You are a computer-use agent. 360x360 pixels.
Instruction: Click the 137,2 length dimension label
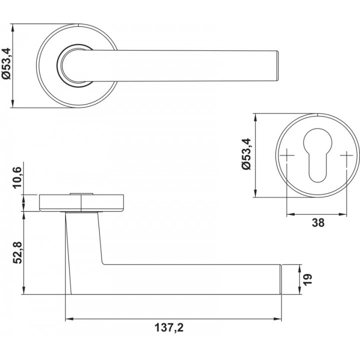pos(169,327)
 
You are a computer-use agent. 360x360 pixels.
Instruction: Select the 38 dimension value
pos(318,222)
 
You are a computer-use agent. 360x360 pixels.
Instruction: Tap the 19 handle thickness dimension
pos(308,279)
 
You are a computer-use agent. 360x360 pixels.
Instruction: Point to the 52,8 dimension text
pos(17,252)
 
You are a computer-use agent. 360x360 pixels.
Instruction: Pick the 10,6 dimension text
pos(17,177)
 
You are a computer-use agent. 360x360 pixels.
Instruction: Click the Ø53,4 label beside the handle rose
pos(6,63)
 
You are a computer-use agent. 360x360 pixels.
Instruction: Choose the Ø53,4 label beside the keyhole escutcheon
pos(247,154)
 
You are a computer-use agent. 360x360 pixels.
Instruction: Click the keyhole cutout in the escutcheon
pos(317,155)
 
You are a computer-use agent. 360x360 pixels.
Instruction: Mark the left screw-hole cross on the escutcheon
pos(287,155)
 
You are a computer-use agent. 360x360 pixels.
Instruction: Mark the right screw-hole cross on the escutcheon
pos(346,155)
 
